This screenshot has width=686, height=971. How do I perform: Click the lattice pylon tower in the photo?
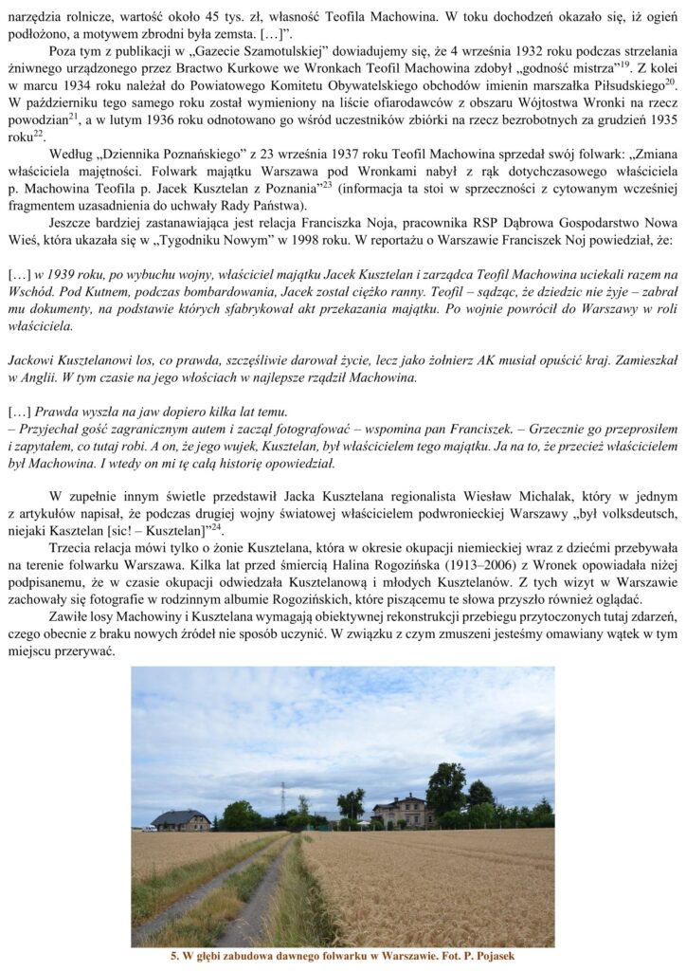(x=282, y=799)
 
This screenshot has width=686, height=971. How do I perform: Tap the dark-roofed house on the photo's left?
(x=180, y=819)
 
